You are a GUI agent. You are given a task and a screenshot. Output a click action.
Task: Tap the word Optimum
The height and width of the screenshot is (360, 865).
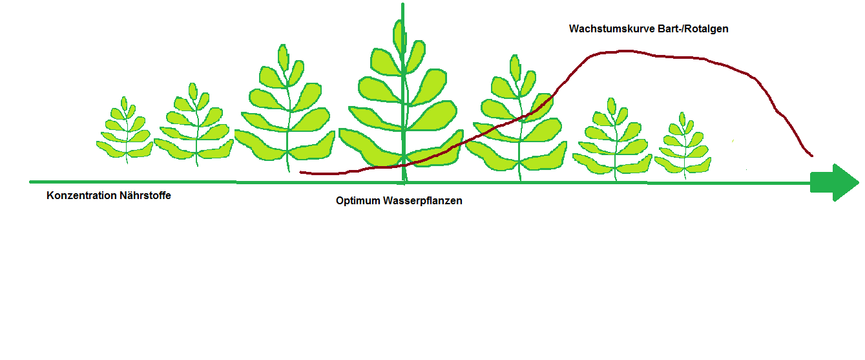tap(358, 201)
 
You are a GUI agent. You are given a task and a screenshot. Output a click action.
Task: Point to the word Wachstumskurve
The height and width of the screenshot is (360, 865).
tap(610, 29)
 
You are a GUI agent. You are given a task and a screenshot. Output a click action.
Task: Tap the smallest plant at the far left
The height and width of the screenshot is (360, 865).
tap(125, 132)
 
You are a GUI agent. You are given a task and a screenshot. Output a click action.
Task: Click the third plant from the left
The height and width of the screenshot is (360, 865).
tap(285, 113)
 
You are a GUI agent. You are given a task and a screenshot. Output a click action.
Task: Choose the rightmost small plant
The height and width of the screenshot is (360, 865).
tap(683, 149)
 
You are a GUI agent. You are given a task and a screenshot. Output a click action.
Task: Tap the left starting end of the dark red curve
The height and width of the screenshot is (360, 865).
tap(302, 172)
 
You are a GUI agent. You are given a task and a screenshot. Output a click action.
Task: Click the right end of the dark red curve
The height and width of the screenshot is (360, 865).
tap(811, 156)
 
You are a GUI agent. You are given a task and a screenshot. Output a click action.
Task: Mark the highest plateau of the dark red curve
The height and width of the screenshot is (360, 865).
tap(623, 51)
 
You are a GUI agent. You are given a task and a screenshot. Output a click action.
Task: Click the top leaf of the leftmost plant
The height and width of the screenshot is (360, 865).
tap(124, 103)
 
